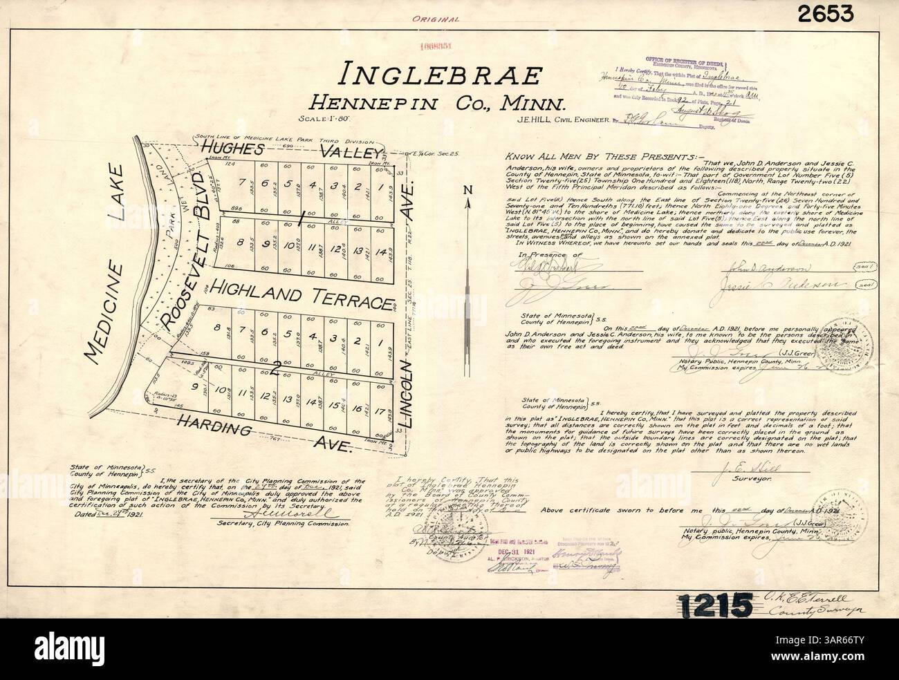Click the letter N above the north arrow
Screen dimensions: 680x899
468,189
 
